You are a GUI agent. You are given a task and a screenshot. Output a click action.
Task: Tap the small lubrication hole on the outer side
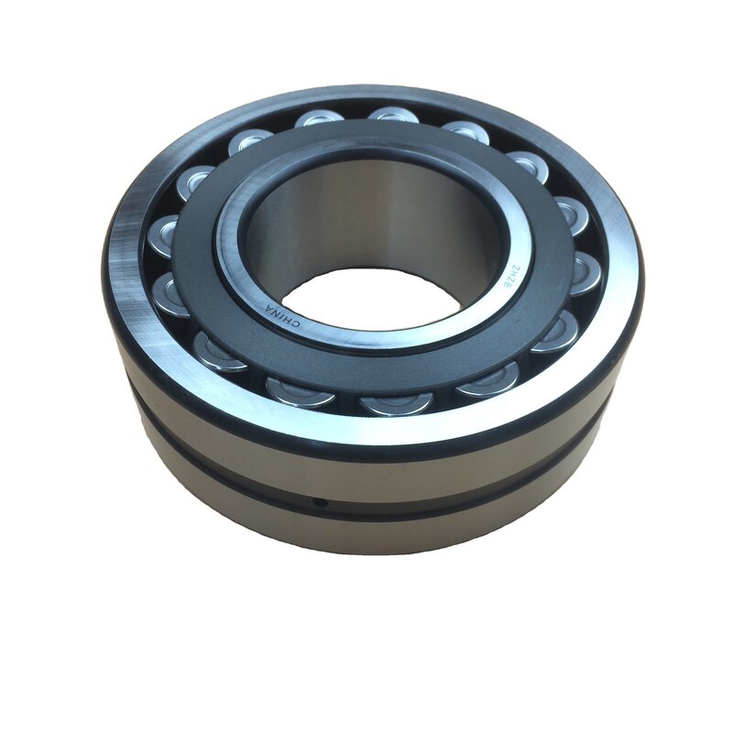point(320,502)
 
